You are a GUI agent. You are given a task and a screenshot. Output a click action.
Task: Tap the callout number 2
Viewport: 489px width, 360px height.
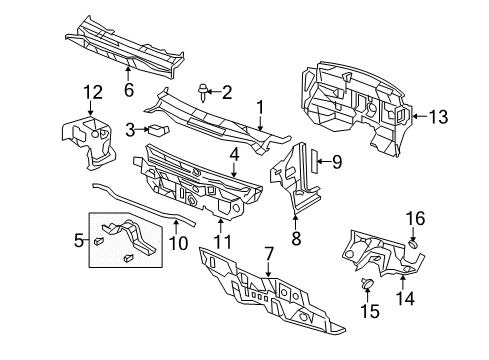pyautogui.click(x=226, y=93)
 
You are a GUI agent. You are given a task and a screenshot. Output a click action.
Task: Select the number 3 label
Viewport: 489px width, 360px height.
pyautogui.click(x=131, y=128)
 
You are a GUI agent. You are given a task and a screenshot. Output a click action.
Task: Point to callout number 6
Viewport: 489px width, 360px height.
pyautogui.click(x=127, y=88)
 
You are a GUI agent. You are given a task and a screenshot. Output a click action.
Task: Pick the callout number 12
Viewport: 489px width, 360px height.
pyautogui.click(x=91, y=94)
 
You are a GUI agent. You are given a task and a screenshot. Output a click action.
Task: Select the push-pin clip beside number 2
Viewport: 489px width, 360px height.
pyautogui.click(x=204, y=95)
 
